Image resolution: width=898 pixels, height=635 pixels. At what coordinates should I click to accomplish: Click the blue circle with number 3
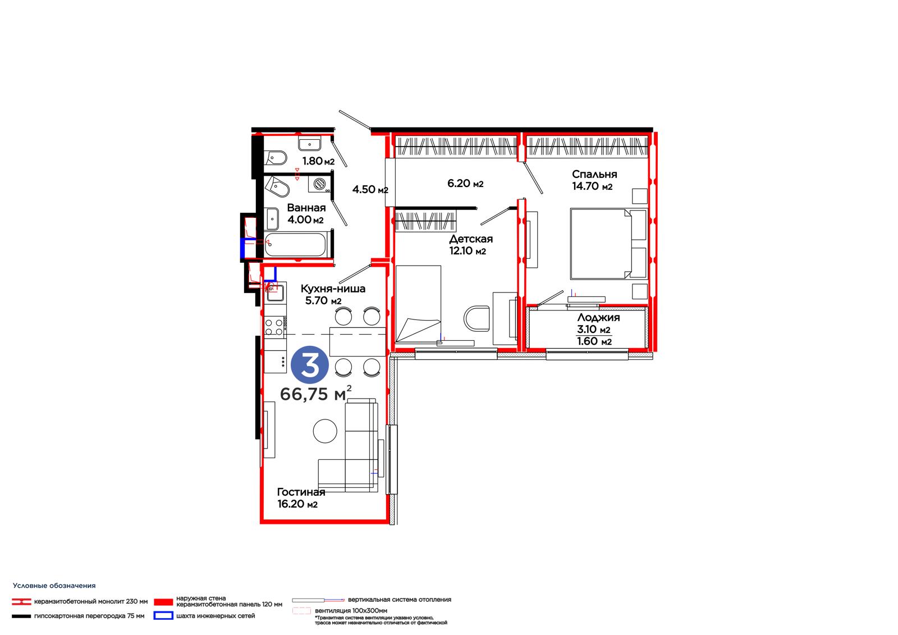309,364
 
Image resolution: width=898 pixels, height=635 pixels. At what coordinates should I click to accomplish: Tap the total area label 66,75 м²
316,394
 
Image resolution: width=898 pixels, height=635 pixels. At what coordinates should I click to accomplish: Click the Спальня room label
594,174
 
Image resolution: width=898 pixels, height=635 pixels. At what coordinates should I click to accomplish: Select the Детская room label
471,239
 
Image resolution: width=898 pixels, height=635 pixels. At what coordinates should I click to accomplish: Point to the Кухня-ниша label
333,289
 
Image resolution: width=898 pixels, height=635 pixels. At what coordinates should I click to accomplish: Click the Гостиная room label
301,492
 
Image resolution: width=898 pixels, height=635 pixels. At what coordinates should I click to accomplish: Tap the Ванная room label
306,208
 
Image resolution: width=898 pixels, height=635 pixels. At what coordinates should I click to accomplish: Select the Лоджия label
598,317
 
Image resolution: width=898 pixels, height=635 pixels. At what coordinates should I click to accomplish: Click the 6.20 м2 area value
465,184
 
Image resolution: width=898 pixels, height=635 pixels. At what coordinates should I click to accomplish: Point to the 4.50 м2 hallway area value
370,189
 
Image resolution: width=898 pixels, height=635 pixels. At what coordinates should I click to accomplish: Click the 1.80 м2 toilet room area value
318,161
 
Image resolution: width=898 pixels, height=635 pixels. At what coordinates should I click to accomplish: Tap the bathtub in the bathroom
295,244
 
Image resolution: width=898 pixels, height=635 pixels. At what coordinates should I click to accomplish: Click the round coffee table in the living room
325,431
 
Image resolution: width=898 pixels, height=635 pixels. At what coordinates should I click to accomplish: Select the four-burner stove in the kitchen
274,327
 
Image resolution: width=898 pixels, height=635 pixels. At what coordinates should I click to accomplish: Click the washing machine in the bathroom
319,184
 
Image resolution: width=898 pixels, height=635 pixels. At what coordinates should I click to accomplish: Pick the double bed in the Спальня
608,244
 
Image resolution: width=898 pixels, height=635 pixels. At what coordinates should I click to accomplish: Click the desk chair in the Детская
477,319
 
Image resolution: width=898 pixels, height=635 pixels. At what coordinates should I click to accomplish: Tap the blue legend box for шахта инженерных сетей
163,615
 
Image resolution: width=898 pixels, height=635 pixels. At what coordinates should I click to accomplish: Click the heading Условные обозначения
54,586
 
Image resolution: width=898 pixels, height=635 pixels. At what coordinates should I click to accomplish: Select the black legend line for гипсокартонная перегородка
21,616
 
